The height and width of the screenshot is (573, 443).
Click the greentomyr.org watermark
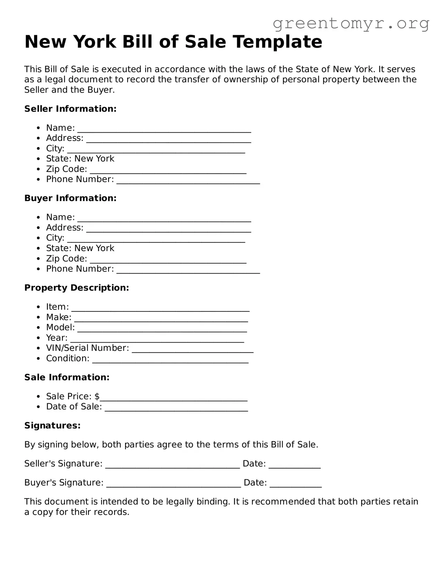click(x=351, y=23)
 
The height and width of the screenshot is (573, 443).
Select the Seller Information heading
click(x=70, y=109)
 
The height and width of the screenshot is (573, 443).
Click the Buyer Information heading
click(x=70, y=198)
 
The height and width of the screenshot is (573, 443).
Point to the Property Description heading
click(x=76, y=288)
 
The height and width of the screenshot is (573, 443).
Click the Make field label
click(x=59, y=317)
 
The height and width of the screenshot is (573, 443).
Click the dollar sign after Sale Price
click(x=97, y=396)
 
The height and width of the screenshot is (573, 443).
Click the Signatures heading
click(x=52, y=426)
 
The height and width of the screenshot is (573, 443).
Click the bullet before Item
click(x=39, y=307)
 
